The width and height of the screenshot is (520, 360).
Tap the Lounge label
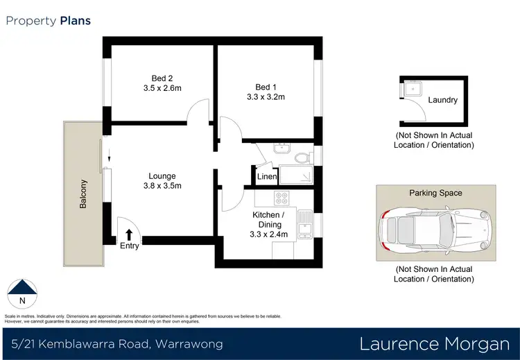click(x=162, y=176)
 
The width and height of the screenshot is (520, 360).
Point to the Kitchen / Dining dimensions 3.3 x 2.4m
click(x=266, y=235)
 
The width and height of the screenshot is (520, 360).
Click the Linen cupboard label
click(x=266, y=178)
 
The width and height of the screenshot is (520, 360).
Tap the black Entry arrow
click(x=129, y=234)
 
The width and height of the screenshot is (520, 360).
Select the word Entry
click(x=130, y=246)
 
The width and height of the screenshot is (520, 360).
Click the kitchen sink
click(x=305, y=223)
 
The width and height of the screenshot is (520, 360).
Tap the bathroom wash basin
click(x=282, y=148)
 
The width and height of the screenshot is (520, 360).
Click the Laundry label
click(x=442, y=100)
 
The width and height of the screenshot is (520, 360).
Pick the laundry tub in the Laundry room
click(x=411, y=88)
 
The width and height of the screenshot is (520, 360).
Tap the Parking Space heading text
click(x=435, y=193)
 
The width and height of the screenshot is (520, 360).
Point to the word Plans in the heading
click(x=75, y=21)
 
